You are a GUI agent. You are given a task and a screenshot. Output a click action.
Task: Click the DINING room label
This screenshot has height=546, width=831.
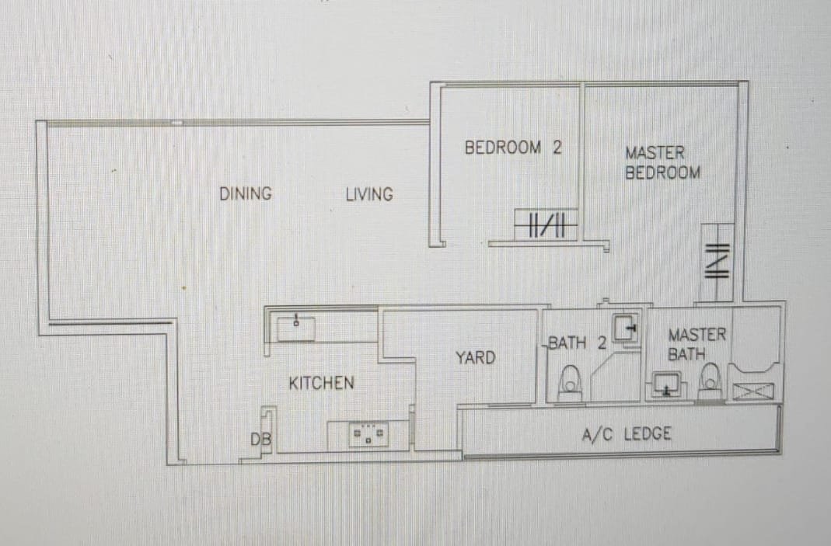coord(246,193)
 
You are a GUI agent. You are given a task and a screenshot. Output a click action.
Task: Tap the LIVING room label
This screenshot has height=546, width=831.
coord(369,194)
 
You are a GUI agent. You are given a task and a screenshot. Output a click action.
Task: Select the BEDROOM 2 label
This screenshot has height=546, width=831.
coord(513,148)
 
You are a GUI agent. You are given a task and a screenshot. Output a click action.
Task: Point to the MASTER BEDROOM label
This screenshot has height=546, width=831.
coord(662,162)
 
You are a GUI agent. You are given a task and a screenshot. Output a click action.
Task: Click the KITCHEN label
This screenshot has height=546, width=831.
coord(321,383)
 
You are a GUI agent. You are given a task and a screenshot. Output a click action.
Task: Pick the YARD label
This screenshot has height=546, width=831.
coord(476,358)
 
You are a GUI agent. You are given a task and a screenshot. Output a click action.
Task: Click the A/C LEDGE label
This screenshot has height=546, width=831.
coord(627,434)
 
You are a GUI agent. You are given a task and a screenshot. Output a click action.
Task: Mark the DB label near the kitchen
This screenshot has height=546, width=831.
coord(260,439)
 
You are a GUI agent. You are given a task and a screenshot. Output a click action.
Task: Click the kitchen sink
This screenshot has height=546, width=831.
coord(296,329)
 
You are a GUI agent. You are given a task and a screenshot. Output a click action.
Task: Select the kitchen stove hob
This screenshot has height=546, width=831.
coord(369,436)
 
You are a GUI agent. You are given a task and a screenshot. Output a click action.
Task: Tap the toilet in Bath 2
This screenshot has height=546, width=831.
coord(570,382)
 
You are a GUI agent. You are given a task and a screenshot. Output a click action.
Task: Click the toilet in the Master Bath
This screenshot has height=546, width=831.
coord(711,381)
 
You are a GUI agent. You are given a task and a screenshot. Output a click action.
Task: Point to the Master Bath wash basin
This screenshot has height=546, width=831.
coord(667,384)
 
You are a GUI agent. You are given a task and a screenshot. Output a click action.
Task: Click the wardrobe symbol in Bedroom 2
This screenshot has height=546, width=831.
coord(546,224)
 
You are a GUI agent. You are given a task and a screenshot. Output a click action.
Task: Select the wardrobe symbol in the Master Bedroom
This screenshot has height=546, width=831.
coord(717,263)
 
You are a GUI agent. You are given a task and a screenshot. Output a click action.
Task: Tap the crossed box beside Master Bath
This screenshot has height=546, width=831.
coord(752,392)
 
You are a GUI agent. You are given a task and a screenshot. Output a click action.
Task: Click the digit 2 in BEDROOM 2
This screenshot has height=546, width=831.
coord(557,148)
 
